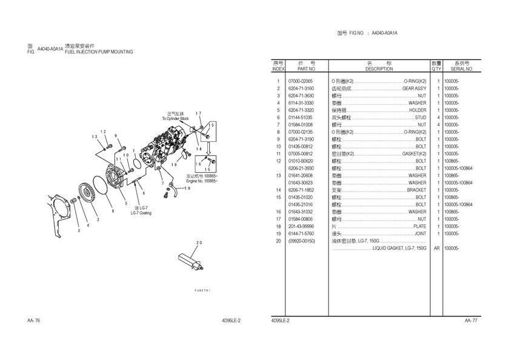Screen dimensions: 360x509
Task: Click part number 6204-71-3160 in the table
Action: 301,88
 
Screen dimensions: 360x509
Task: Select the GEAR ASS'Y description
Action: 414,88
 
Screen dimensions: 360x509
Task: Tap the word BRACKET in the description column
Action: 416,190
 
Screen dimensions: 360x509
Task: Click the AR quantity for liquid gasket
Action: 436,248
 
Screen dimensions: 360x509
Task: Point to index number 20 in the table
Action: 278,241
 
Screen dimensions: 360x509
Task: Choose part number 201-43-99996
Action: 301,226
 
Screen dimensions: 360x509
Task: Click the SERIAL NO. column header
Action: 461,69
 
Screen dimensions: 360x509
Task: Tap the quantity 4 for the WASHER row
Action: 437,103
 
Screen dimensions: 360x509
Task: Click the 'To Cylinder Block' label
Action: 175,119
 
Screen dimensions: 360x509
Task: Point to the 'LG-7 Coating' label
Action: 141,213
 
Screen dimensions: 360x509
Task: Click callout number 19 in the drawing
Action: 187,188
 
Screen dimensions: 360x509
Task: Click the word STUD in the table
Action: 421,118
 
